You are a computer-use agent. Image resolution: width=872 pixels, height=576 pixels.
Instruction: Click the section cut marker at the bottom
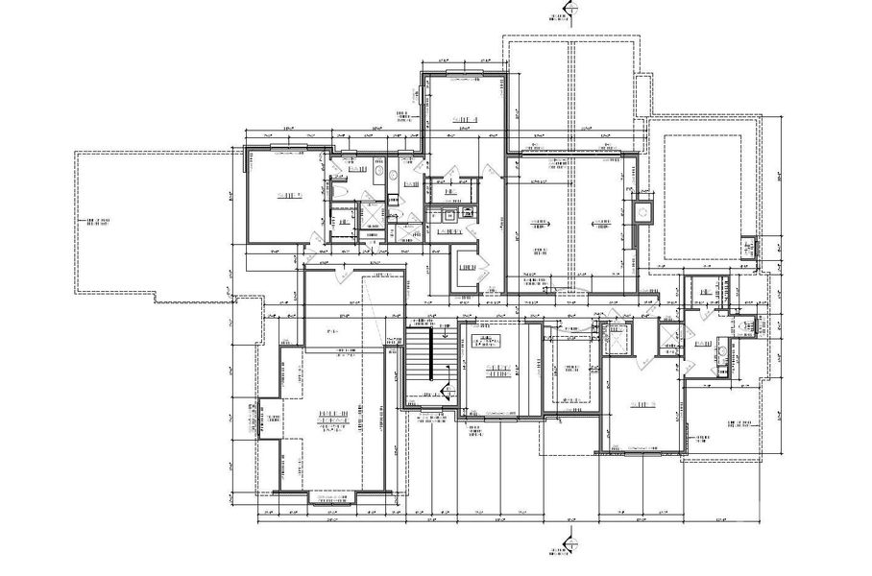pos(568,548)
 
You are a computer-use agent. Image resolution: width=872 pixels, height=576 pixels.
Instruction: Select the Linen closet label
pos(470,269)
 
